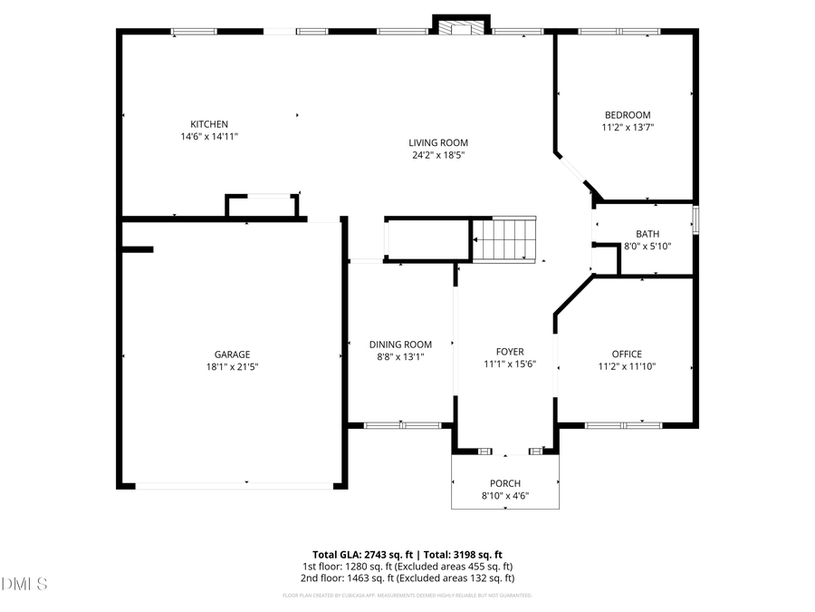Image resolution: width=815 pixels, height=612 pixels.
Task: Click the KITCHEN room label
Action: coord(208,124)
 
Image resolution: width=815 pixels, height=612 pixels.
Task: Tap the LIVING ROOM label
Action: coord(437,142)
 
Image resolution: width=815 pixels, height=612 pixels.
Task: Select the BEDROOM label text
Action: coord(628,115)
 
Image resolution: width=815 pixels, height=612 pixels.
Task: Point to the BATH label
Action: coord(647,234)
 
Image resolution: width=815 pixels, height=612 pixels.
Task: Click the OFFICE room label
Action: coord(626,355)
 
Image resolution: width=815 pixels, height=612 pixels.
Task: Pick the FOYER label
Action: coord(510,352)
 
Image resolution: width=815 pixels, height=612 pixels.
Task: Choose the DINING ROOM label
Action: coord(400,345)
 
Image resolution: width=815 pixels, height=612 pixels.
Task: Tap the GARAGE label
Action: coord(232,355)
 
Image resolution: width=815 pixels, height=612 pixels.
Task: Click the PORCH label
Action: coord(505,483)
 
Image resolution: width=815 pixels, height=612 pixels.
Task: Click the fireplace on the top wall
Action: coord(462,27)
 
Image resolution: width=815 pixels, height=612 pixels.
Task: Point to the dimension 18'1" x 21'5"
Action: coord(232,367)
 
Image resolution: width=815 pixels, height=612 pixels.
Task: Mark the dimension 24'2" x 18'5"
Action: coord(437,155)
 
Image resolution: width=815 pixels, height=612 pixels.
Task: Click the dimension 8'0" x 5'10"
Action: coord(647,247)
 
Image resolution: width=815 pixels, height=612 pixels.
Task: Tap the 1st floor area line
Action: coord(407,566)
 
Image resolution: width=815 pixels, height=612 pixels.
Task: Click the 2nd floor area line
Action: coord(407,578)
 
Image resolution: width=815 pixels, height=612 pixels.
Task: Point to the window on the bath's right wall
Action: coord(695,221)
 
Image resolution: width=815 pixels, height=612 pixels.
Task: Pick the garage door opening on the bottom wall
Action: coord(234,486)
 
